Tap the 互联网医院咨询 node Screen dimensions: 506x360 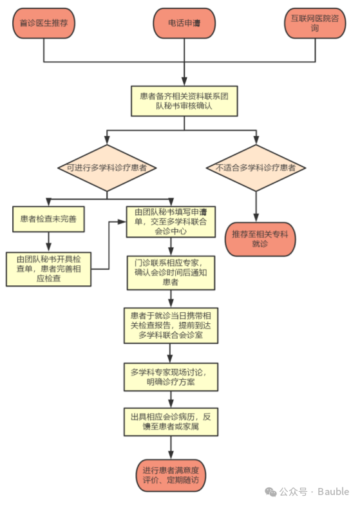click(316, 24)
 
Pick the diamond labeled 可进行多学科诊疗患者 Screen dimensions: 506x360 click(106, 167)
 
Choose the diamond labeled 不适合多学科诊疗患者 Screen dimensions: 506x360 click(256, 167)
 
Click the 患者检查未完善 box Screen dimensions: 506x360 click(49, 219)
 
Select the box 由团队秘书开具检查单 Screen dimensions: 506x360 click(49, 268)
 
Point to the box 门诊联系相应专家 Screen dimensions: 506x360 click(170, 272)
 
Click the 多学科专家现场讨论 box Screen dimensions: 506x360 click(170, 377)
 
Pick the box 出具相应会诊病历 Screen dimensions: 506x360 click(170, 422)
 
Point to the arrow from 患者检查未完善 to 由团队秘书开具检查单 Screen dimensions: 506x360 click(49, 241)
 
